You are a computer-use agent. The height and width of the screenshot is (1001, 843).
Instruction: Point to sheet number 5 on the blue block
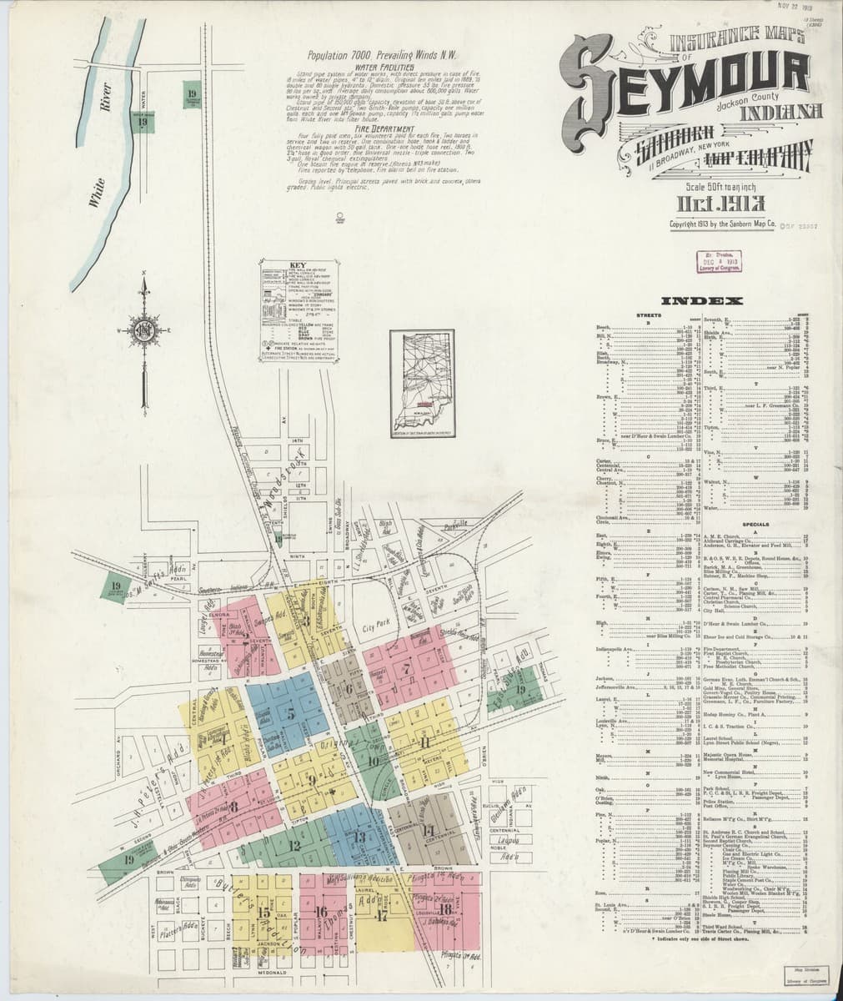click(291, 713)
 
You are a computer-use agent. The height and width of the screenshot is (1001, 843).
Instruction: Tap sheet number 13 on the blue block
click(359, 837)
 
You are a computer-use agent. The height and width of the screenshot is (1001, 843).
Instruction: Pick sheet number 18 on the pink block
click(446, 909)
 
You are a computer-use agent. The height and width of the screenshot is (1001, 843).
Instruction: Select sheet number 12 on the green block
click(294, 845)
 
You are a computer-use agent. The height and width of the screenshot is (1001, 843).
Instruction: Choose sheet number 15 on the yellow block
click(263, 912)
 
